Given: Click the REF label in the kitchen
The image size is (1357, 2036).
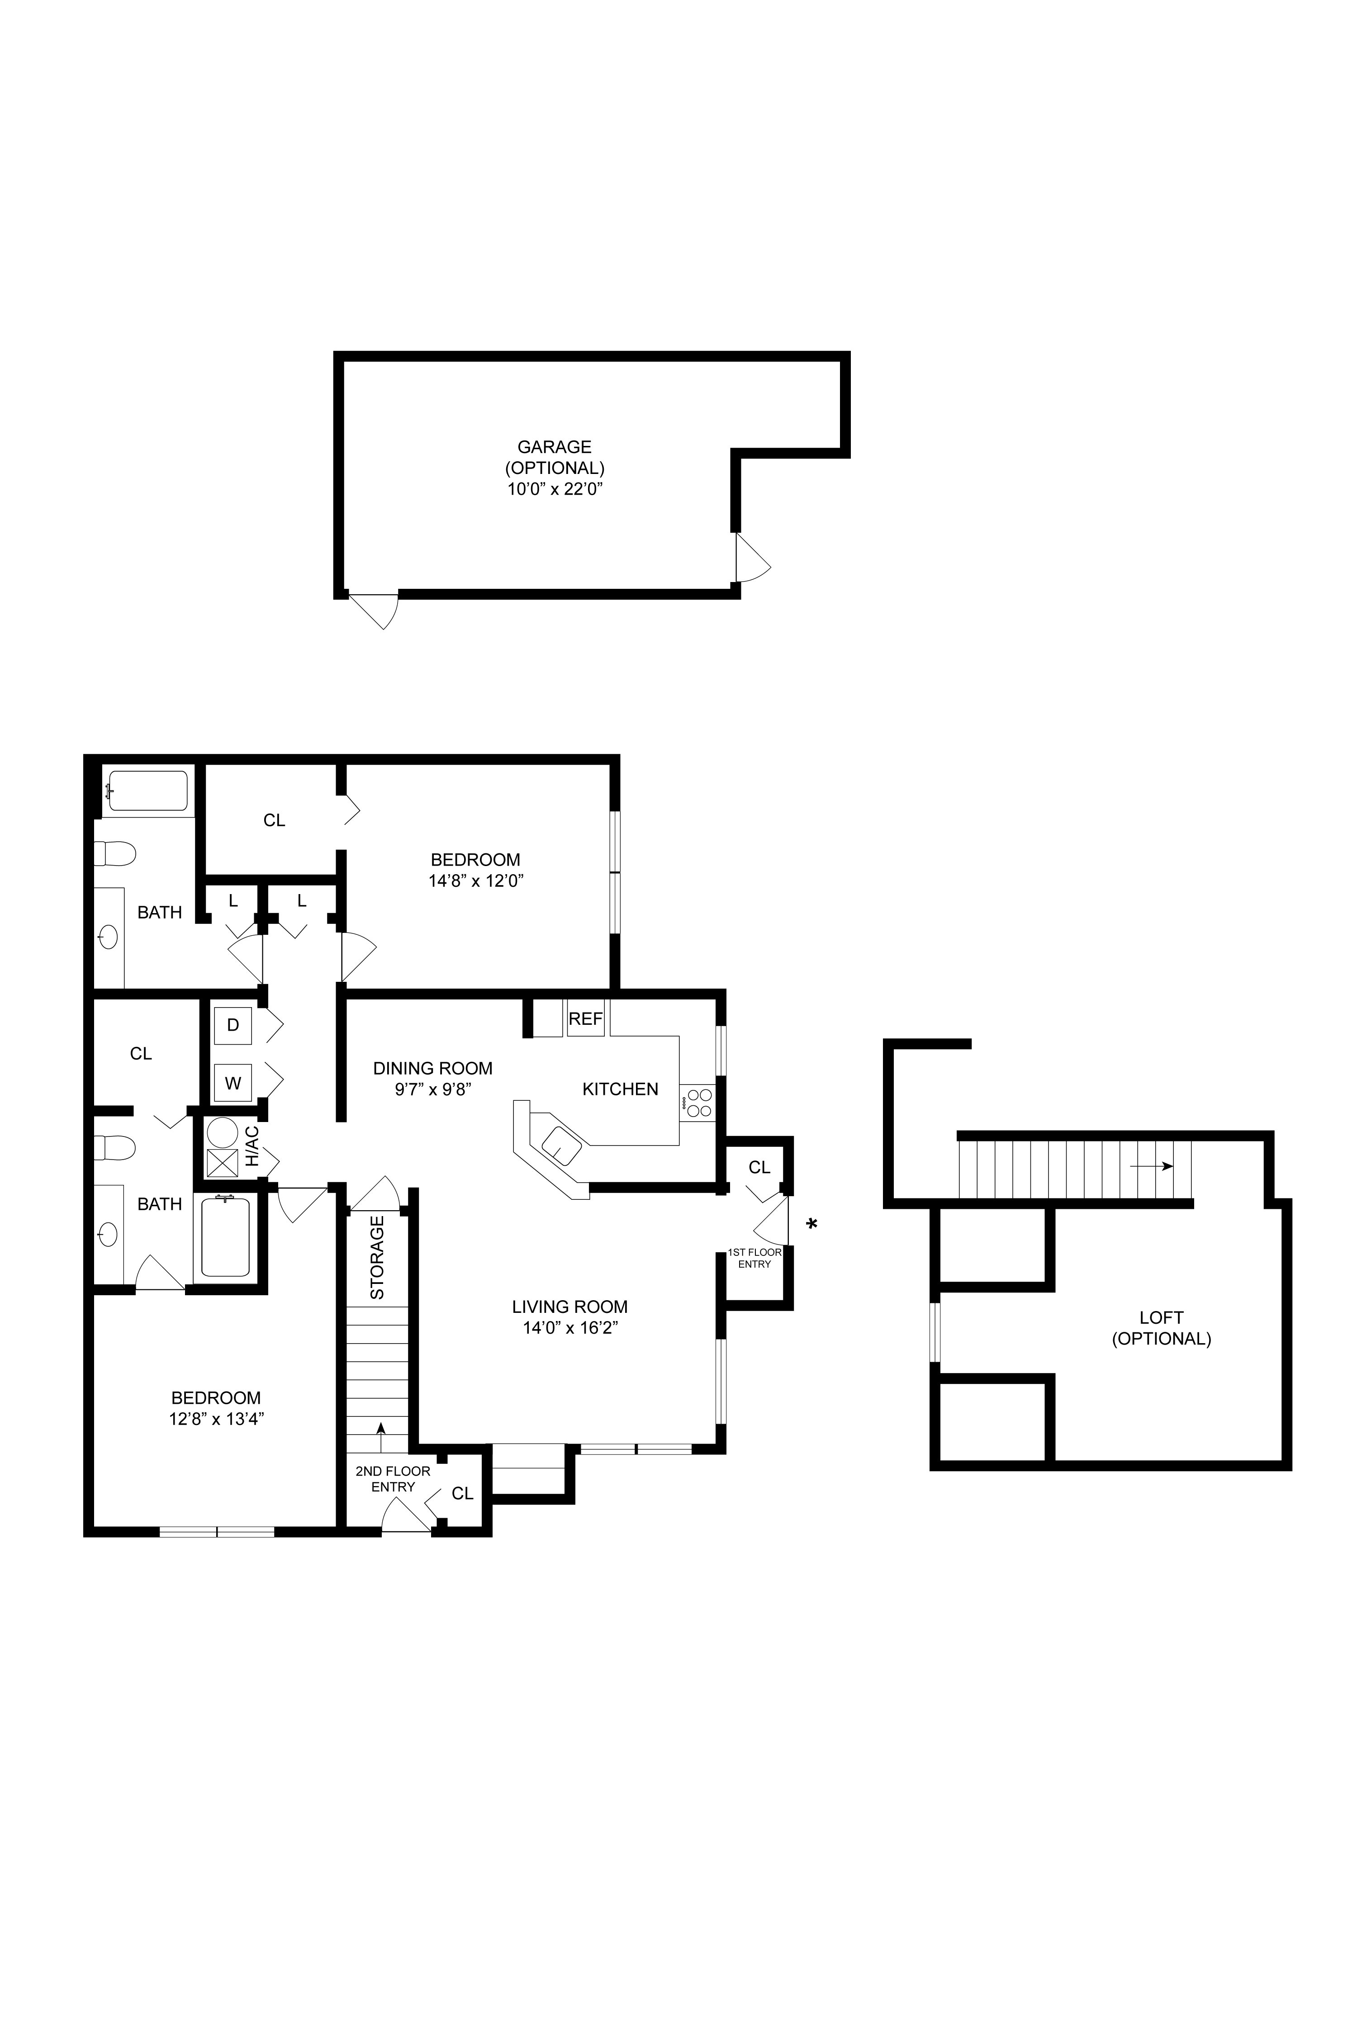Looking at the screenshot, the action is point(585,1019).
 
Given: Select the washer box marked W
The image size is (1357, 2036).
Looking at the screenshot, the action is point(233,1083).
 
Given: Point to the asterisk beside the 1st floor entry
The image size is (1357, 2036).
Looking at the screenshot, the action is point(812,1223).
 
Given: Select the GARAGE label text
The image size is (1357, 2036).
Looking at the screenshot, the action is point(555,446).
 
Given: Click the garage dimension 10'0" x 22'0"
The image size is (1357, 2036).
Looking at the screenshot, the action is point(555,489).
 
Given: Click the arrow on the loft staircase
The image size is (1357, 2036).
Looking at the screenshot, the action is point(1151,1165).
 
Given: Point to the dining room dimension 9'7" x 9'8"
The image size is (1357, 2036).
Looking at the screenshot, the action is point(433,1089).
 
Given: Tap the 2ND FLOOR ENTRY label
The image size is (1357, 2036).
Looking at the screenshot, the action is point(393,1479).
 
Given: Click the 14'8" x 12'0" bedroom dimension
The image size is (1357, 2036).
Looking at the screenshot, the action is point(476,881).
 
